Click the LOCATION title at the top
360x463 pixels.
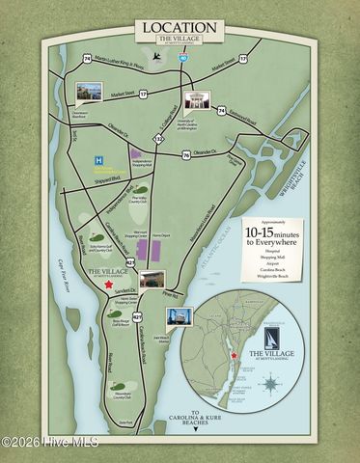[x=180, y=29]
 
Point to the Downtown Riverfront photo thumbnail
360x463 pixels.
[x=90, y=94]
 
